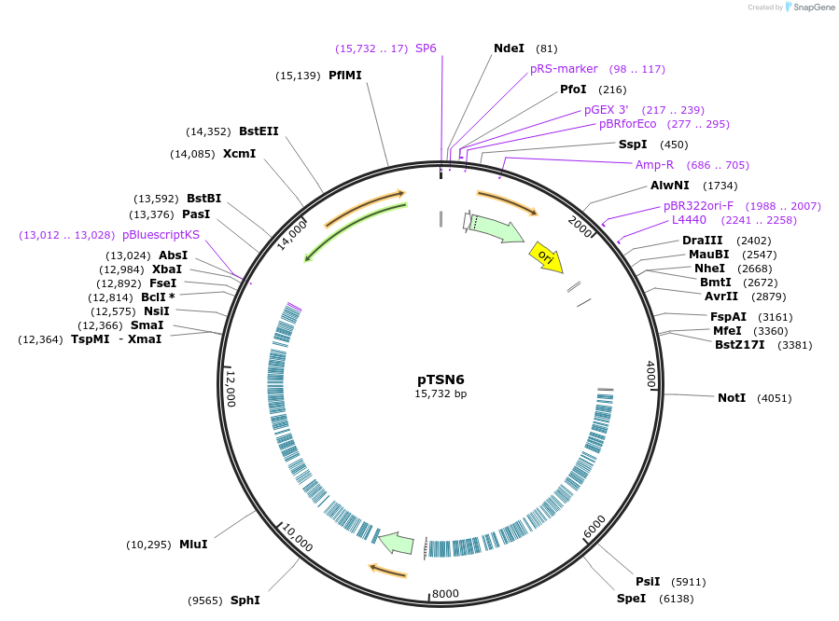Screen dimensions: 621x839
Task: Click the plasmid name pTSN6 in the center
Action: (x=440, y=379)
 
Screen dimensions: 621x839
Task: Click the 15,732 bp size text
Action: (x=440, y=394)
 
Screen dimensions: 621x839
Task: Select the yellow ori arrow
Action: (x=545, y=256)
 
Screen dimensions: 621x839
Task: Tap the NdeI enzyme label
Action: (x=509, y=48)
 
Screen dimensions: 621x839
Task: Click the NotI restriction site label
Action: (x=732, y=398)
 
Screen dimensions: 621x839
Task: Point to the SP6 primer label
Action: (x=426, y=48)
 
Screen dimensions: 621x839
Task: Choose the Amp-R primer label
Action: (x=654, y=165)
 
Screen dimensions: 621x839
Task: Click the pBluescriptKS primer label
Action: (x=161, y=235)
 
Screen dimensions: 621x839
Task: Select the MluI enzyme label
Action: (x=193, y=544)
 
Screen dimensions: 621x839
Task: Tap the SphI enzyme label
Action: (x=245, y=600)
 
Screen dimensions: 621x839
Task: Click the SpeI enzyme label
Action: (x=631, y=598)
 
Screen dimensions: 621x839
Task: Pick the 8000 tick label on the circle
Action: (x=445, y=594)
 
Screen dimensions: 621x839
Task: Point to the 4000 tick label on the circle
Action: (x=651, y=375)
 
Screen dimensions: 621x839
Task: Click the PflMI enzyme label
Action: (x=345, y=76)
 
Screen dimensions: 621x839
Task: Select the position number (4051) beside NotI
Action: (x=774, y=398)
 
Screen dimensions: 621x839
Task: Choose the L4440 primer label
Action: (x=689, y=220)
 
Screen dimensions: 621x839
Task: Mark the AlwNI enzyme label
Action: (x=670, y=186)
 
